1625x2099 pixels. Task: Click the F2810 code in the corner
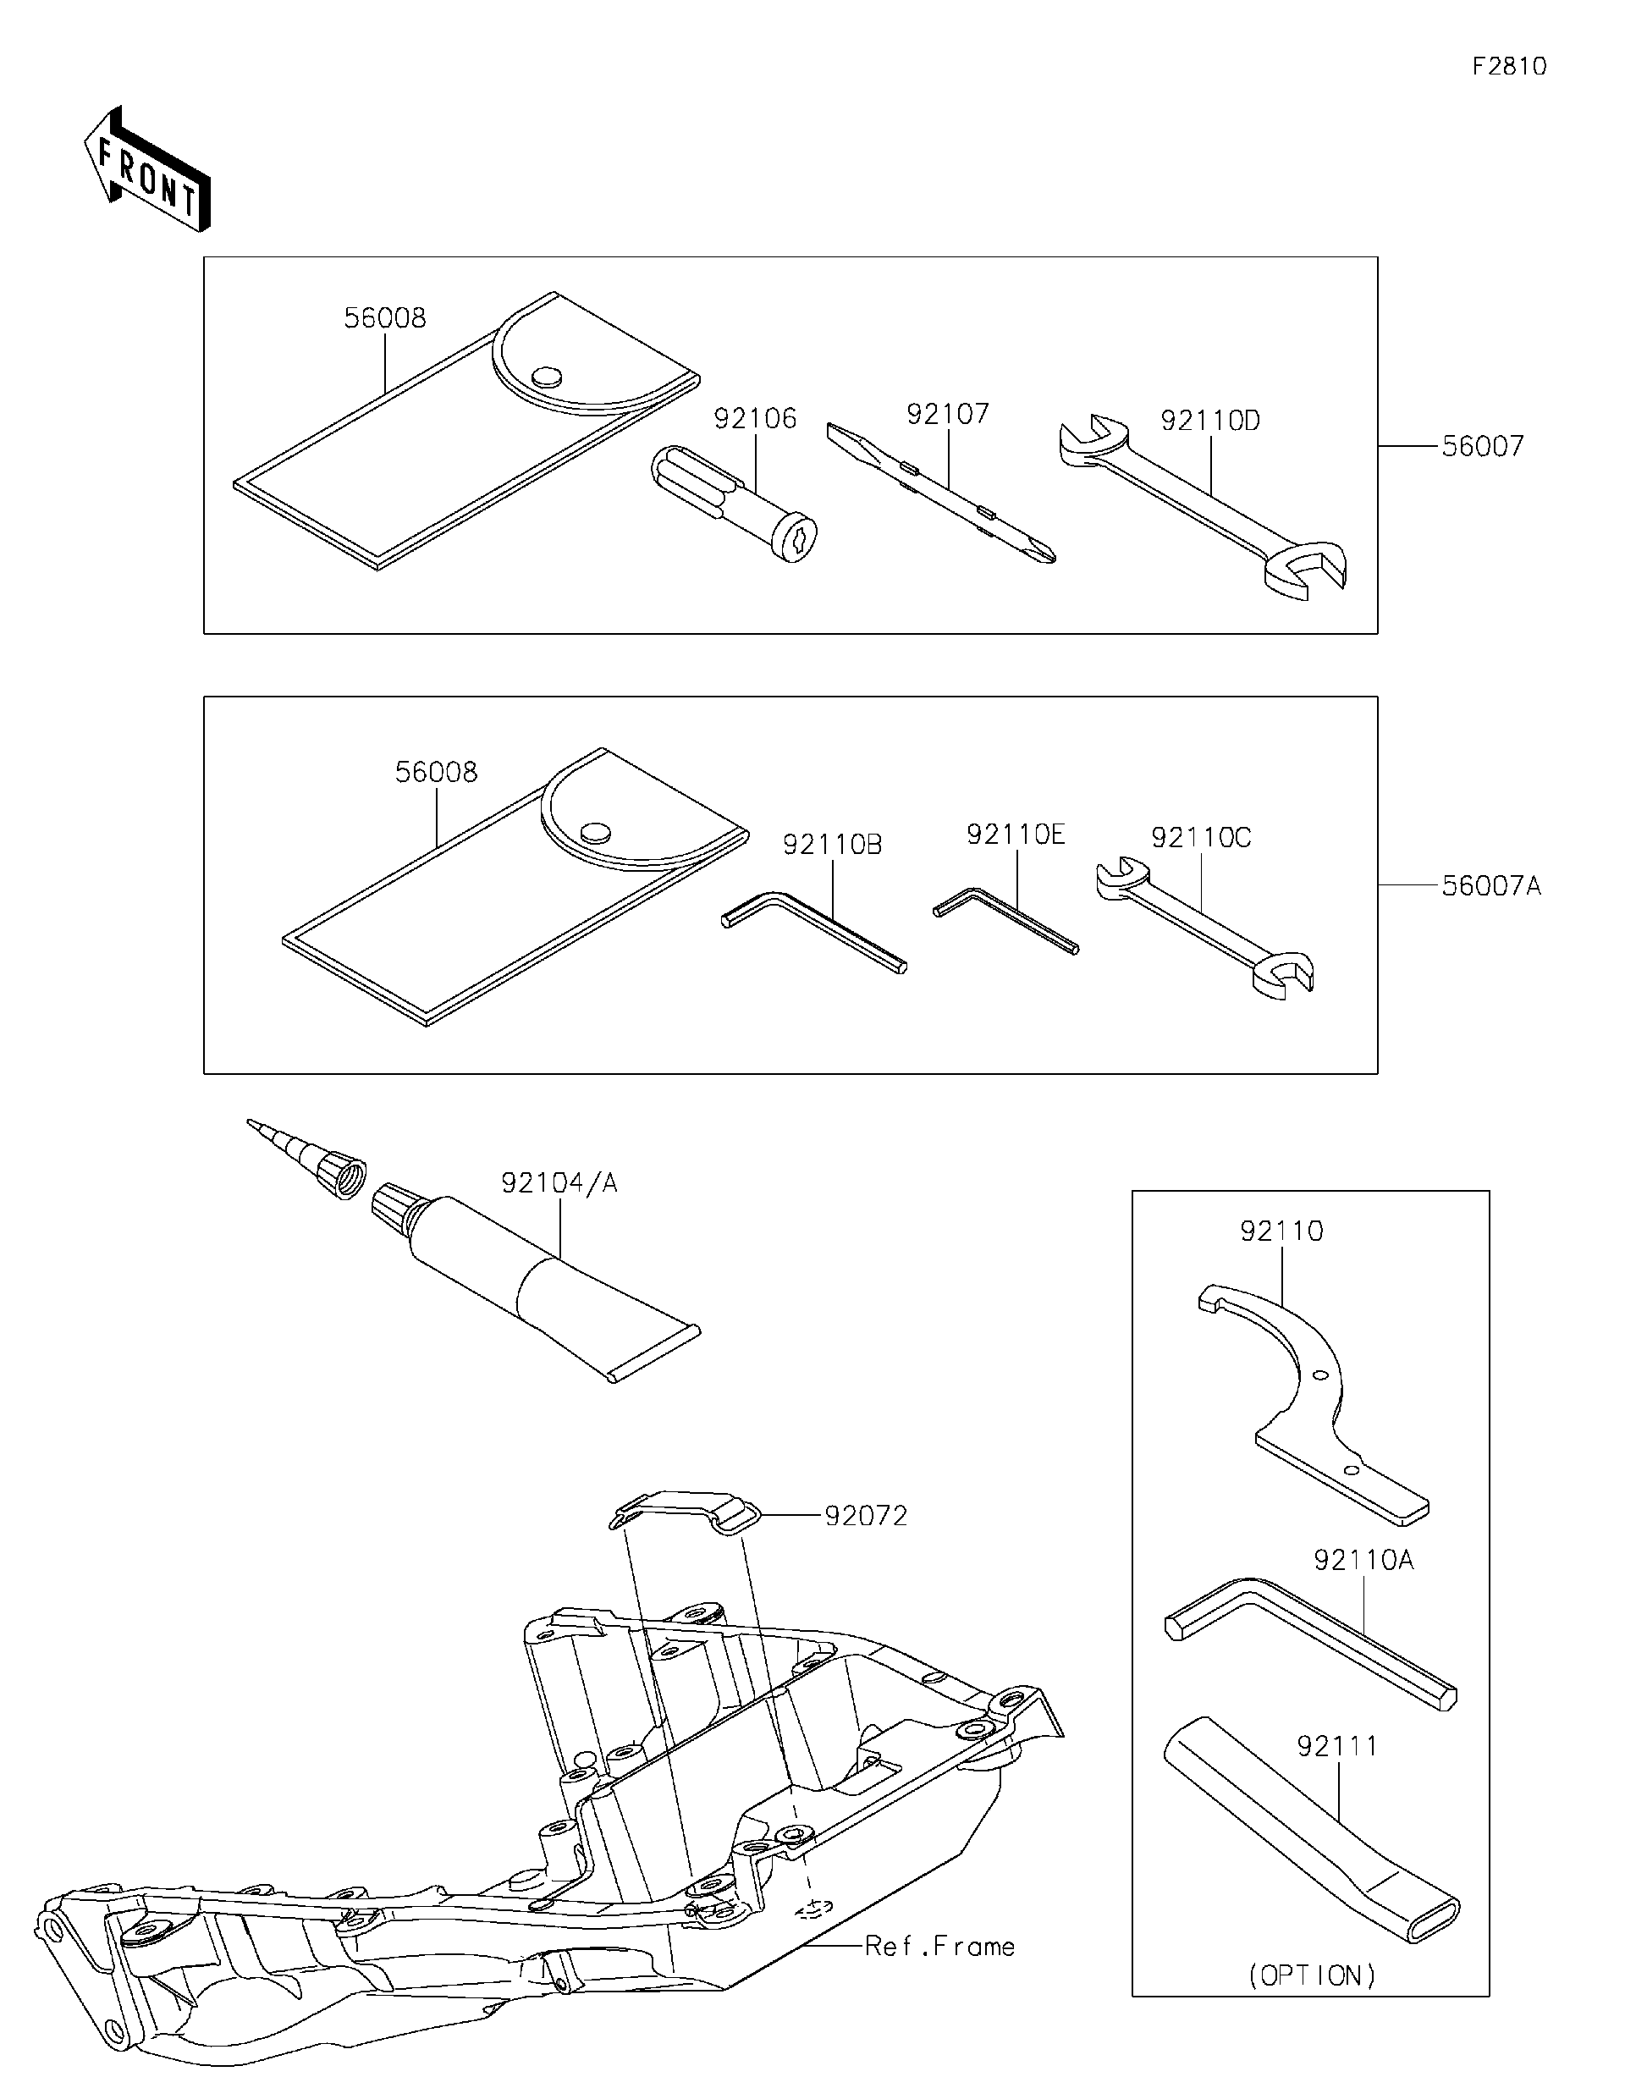1509,66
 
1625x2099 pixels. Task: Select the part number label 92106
754,418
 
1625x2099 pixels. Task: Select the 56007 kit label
1482,446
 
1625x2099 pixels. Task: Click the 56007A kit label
1490,885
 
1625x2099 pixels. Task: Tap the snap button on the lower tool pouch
597,831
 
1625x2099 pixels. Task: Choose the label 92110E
1015,835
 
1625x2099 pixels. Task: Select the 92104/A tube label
559,1183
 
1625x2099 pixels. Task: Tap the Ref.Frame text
939,1946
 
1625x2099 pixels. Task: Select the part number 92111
1336,1745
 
